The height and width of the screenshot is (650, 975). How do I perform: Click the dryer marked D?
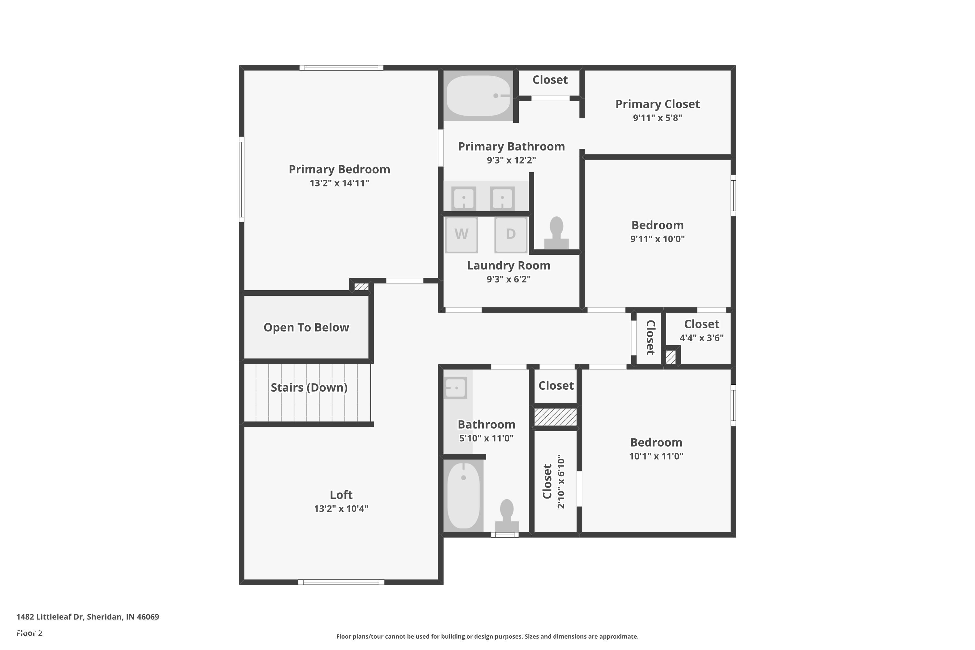point(510,234)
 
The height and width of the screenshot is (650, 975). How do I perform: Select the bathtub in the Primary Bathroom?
point(478,96)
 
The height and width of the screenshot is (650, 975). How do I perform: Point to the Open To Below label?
point(306,328)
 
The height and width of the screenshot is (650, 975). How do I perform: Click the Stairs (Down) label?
point(309,388)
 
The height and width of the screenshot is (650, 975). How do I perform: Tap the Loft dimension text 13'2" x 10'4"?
point(341,509)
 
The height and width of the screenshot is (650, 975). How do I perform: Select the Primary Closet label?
point(657,104)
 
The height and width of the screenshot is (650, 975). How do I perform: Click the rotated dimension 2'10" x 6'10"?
point(561,482)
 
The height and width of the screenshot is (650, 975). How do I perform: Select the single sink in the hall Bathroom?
point(456,388)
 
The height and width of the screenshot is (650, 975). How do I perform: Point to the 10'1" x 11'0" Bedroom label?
point(656,443)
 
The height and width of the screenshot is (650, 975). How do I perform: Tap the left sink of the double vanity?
point(463,198)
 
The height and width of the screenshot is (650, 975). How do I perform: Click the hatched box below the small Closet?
point(555,417)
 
